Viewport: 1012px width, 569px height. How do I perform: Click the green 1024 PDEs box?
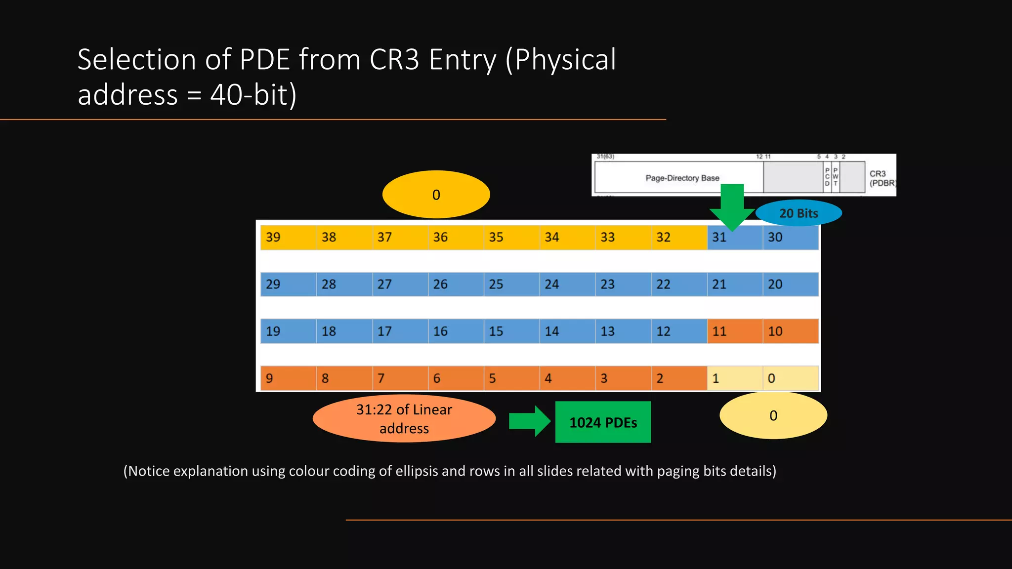click(x=603, y=422)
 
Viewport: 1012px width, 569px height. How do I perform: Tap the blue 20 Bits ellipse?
click(x=799, y=213)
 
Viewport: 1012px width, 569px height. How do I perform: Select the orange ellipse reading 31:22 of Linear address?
click(x=404, y=418)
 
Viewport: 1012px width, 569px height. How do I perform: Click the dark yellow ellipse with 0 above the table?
click(x=436, y=195)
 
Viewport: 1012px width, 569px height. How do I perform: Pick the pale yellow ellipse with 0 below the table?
click(x=773, y=415)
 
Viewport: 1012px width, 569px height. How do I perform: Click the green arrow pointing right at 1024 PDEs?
click(x=529, y=421)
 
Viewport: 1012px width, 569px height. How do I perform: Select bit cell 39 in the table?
click(x=288, y=237)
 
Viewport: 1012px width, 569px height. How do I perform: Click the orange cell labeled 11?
click(x=734, y=331)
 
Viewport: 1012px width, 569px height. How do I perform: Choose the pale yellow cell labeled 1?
click(x=734, y=378)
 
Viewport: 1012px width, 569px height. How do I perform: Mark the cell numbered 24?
click(x=567, y=284)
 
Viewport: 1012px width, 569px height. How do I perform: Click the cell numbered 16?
click(x=455, y=331)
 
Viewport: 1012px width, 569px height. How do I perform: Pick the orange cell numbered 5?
click(x=511, y=378)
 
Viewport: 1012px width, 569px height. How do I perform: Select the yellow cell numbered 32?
click(x=678, y=237)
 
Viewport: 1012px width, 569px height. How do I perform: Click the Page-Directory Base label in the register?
click(x=682, y=178)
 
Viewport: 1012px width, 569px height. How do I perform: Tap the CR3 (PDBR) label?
click(x=882, y=178)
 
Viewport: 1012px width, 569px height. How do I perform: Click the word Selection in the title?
click(x=137, y=60)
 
